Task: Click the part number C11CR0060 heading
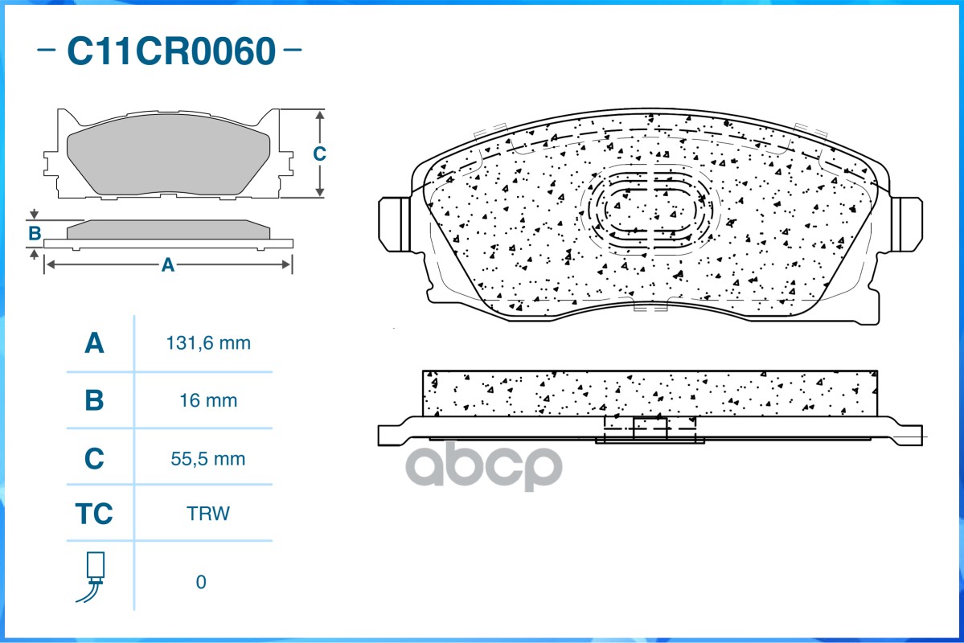click(x=170, y=52)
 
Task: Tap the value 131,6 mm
click(x=208, y=344)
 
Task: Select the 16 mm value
click(x=208, y=400)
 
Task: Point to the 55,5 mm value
click(x=208, y=459)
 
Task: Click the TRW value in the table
click(x=207, y=514)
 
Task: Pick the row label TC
click(x=94, y=514)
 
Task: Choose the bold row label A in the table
click(x=94, y=344)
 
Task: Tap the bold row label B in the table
click(x=94, y=400)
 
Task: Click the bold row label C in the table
click(x=94, y=459)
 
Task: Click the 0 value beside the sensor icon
click(x=201, y=582)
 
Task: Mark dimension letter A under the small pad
click(x=167, y=264)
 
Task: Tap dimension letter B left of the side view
click(x=35, y=234)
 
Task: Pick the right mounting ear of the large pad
click(x=907, y=223)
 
